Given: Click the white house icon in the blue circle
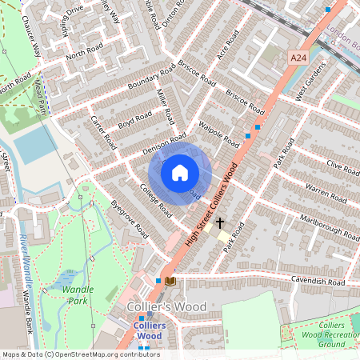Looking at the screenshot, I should coord(180,172).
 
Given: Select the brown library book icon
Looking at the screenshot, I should coord(170,280).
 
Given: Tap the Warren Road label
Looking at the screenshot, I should coord(324,193).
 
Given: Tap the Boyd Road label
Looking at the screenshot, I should coord(134,120).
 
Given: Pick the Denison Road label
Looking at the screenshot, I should coord(146,143).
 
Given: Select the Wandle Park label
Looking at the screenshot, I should coord(78,294).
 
